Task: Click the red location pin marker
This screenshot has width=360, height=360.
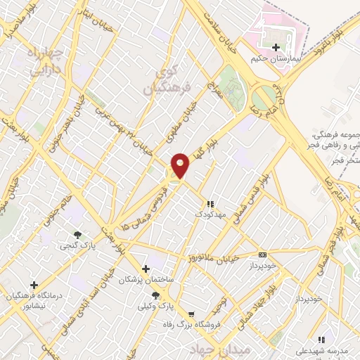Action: click(181, 165)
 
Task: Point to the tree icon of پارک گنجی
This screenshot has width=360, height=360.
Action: click(77, 234)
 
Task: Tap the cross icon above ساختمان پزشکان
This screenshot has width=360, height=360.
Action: click(146, 269)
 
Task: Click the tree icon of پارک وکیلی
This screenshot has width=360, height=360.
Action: click(155, 296)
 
